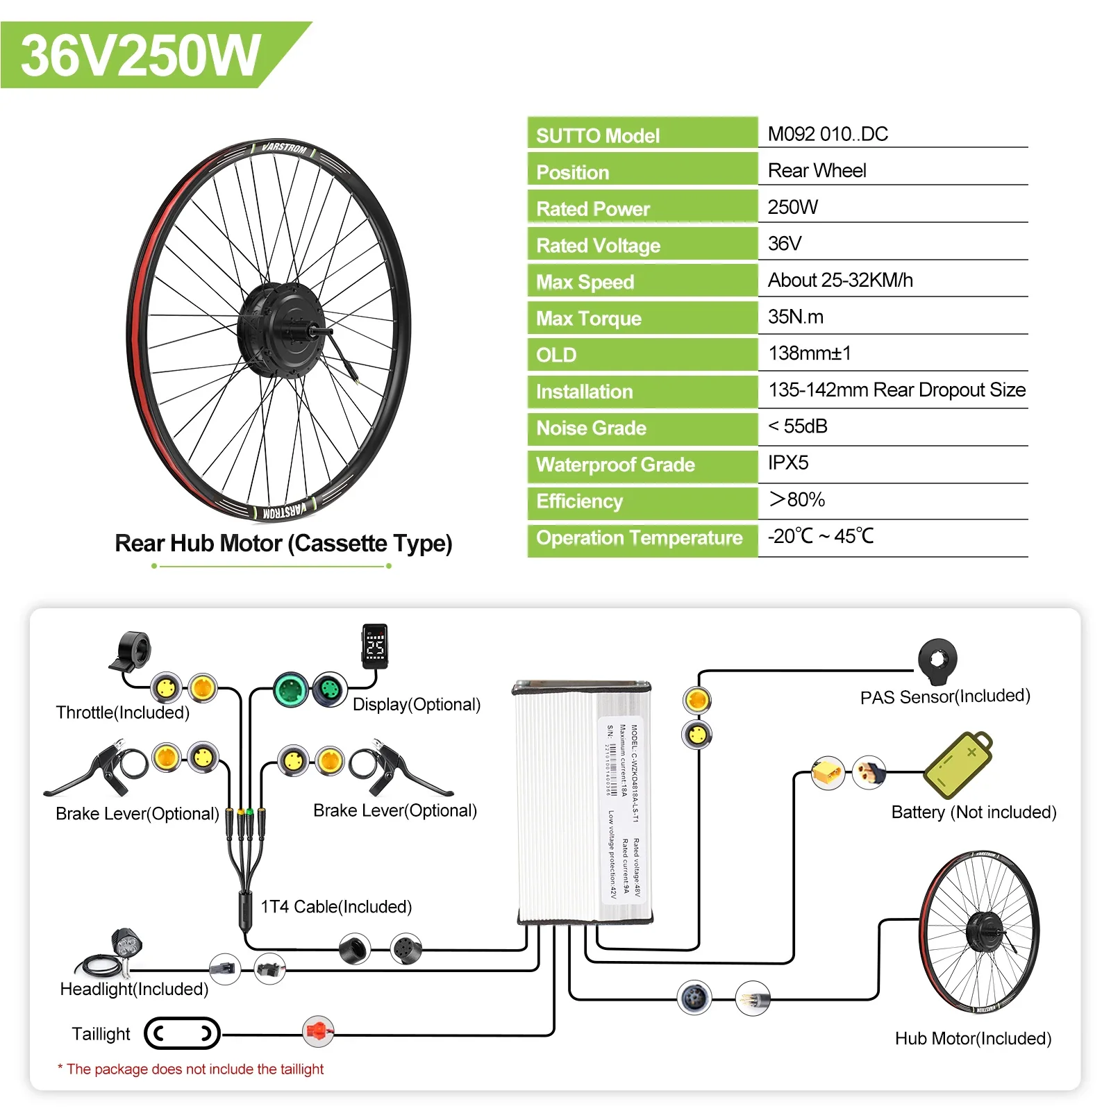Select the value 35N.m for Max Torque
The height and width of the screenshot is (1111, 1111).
pyautogui.click(x=795, y=317)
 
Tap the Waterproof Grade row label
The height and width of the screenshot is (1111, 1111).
pyautogui.click(x=615, y=465)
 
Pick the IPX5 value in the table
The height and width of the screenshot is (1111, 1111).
pyautogui.click(x=788, y=463)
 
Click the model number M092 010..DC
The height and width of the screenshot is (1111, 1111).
pyautogui.click(x=828, y=134)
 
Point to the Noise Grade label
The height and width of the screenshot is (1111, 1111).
pyautogui.click(x=591, y=428)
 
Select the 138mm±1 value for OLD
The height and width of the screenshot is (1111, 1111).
pyautogui.click(x=810, y=353)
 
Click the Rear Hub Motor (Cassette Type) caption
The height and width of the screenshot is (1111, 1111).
pyautogui.click(x=283, y=543)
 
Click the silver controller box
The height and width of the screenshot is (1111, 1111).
pyautogui.click(x=582, y=803)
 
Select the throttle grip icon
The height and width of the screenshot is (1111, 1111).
pyautogui.click(x=132, y=651)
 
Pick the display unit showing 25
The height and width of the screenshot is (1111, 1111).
pyautogui.click(x=375, y=646)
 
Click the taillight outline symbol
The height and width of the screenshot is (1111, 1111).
pyautogui.click(x=182, y=1034)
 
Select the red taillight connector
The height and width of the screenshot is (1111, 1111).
pyautogui.click(x=318, y=1032)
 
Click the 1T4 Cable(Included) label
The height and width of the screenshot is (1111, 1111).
pyautogui.click(x=336, y=907)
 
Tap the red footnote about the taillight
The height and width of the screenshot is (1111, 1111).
pyautogui.click(x=190, y=1069)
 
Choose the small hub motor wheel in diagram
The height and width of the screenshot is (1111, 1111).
pyautogui.click(x=979, y=931)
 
